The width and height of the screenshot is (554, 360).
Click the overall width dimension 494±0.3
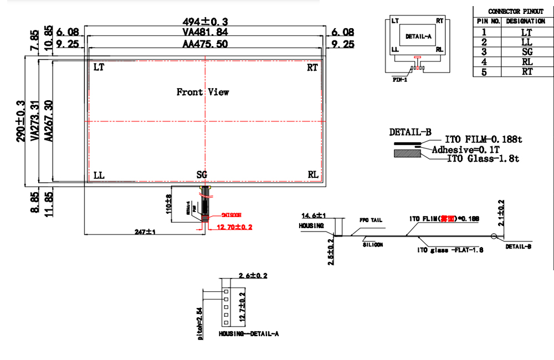pos(206,21)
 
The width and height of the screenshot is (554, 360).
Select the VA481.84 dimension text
pos(206,33)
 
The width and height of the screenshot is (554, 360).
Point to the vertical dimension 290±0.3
pos(21,121)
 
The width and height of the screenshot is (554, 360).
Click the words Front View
pos(203,92)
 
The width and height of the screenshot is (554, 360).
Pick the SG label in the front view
pos(202,175)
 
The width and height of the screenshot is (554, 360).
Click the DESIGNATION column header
pos(526,21)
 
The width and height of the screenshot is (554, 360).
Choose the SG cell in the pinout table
pos(527,52)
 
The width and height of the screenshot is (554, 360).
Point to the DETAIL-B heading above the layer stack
pos(411,132)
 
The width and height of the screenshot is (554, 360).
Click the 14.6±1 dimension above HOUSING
pos(314,215)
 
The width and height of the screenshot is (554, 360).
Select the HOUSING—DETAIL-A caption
pos(249,334)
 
